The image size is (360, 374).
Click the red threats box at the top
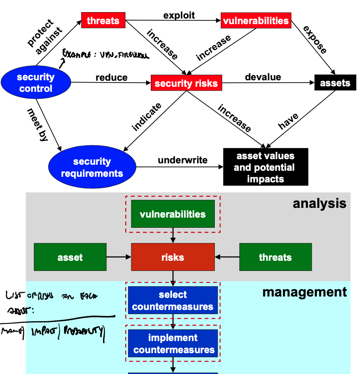(103, 20)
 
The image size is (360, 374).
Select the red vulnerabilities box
(255, 21)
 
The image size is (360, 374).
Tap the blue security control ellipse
(36, 83)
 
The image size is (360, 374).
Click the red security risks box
(186, 84)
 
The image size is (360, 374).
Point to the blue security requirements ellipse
(92, 168)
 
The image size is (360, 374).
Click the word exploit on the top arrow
(179, 15)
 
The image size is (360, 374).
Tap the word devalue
(263, 77)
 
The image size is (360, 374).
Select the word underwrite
(183, 161)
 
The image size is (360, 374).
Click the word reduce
(112, 77)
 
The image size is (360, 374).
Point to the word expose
(315, 40)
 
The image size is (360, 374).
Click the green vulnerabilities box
(173, 214)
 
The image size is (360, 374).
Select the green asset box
(70, 257)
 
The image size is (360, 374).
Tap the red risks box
(173, 257)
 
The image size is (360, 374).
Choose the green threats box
(275, 257)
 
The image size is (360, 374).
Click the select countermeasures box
(173, 300)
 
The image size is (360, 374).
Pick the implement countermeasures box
(173, 343)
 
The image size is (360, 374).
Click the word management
(304, 292)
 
